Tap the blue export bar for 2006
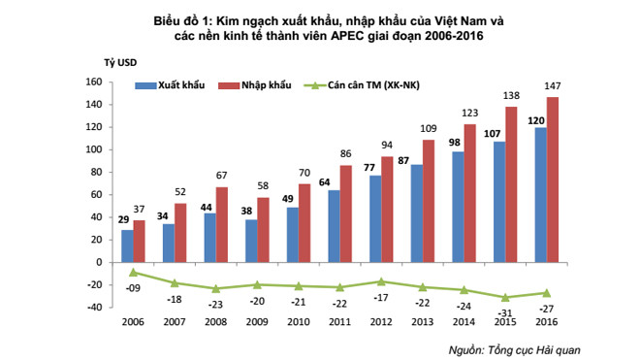click(x=128, y=245)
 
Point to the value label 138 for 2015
click(x=512, y=97)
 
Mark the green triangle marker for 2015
click(x=504, y=297)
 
